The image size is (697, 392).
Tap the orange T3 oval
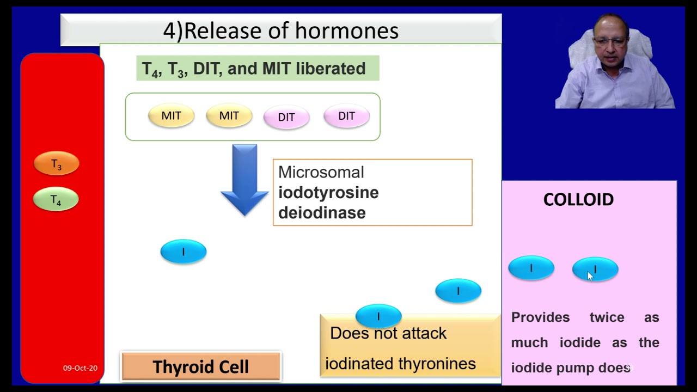pyautogui.click(x=57, y=164)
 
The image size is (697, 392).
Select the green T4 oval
pyautogui.click(x=56, y=200)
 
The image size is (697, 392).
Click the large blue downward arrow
pyautogui.click(x=244, y=180)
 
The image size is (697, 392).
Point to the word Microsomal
pyautogui.click(x=321, y=173)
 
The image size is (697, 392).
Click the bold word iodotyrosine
pyautogui.click(x=328, y=193)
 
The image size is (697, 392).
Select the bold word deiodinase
pyautogui.click(x=321, y=213)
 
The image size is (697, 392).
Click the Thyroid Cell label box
pyautogui.click(x=201, y=366)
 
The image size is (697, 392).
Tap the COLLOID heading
pyautogui.click(x=578, y=200)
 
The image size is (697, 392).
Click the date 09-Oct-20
pyautogui.click(x=80, y=368)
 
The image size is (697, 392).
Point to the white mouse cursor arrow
pyautogui.click(x=590, y=276)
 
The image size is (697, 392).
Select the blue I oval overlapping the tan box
pyautogui.click(x=378, y=316)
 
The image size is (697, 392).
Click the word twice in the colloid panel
pyautogui.click(x=607, y=317)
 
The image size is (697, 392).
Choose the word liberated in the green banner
pyautogui.click(x=331, y=69)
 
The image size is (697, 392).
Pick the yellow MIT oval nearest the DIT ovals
pyautogui.click(x=229, y=116)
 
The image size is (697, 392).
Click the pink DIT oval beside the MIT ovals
pyautogui.click(x=286, y=117)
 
